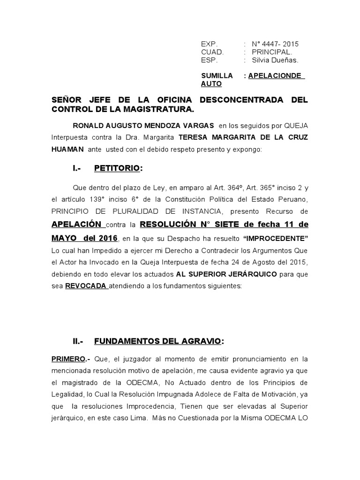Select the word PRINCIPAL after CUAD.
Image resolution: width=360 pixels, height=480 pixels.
point(271,52)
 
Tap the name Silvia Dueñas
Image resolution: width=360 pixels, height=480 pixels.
point(275,60)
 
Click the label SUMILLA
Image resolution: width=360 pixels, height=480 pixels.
point(217,75)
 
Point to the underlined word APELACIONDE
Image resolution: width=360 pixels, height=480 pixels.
point(277,75)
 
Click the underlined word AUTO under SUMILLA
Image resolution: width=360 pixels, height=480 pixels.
point(211,84)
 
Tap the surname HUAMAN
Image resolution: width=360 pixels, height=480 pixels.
point(67,149)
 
